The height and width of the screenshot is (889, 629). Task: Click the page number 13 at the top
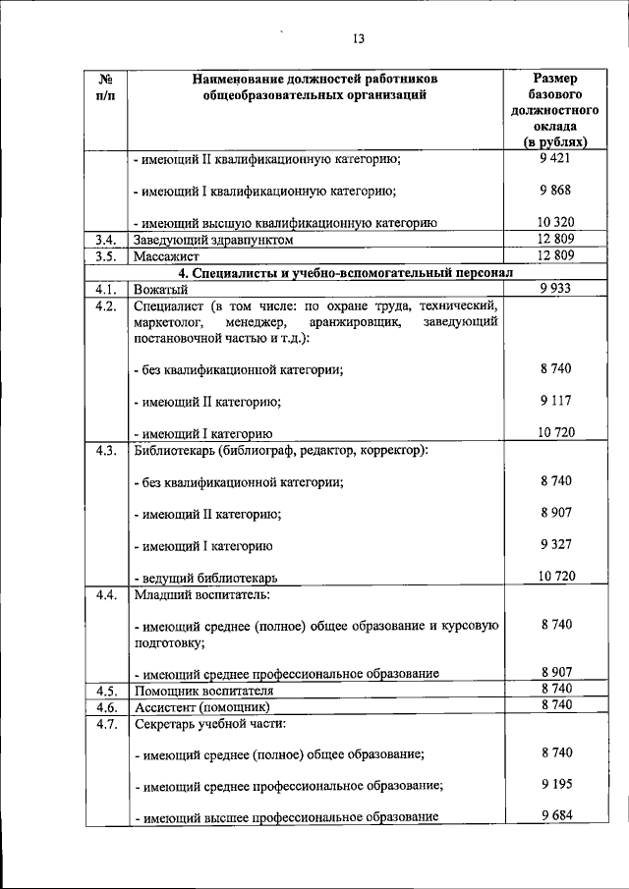(359, 38)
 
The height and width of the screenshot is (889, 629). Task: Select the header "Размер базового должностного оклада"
(555, 111)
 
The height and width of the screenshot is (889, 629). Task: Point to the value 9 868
(555, 190)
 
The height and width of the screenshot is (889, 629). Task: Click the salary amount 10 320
(555, 222)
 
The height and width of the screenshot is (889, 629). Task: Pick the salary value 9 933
(555, 287)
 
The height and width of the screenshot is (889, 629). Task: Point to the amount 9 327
(555, 543)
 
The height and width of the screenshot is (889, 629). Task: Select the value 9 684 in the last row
(555, 816)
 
